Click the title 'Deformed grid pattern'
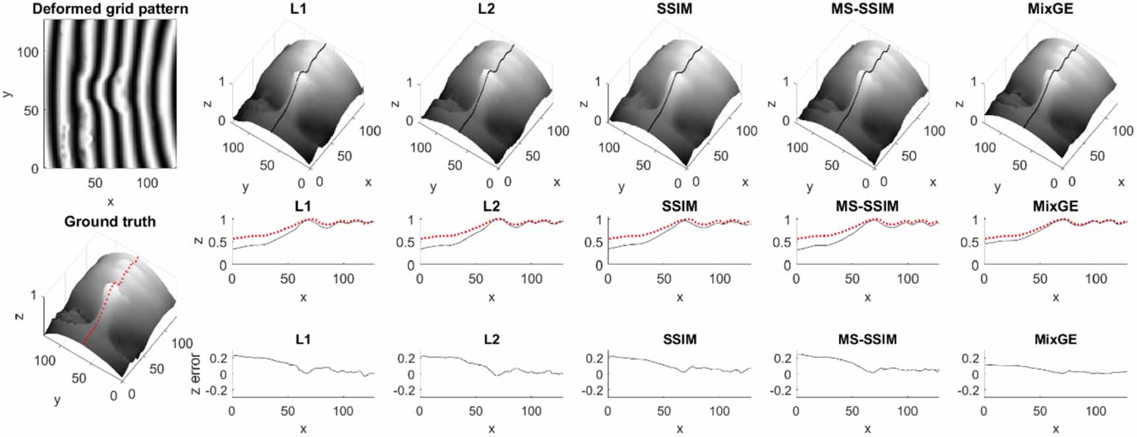click(110, 9)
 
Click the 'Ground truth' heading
click(110, 221)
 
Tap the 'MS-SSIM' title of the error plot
click(867, 339)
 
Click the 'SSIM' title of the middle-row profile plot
click(680, 206)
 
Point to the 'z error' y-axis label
click(196, 374)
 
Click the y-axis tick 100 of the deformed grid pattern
click(27, 52)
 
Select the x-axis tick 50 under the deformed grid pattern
click(95, 183)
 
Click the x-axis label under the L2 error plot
click(492, 429)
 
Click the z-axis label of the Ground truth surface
click(20, 316)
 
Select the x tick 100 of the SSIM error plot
click(720, 411)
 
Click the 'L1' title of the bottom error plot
click(303, 339)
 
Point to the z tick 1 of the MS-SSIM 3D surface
click(786, 82)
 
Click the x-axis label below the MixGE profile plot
click(1055, 297)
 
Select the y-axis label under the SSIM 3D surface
click(622, 187)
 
